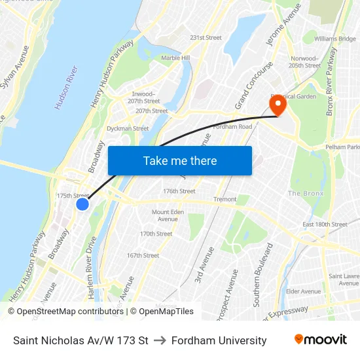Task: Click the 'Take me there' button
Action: (180, 160)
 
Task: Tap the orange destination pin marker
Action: (278, 104)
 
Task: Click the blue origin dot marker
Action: (82, 204)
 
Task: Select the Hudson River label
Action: (66, 87)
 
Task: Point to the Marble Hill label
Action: (175, 58)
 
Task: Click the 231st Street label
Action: (206, 37)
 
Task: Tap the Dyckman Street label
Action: (128, 128)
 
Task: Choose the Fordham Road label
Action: (232, 126)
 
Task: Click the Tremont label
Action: (225, 199)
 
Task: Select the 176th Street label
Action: (179, 191)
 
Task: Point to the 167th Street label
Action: (143, 255)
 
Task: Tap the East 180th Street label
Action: (325, 225)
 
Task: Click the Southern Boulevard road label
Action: (262, 275)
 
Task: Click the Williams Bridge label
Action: (334, 39)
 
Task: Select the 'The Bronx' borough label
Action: (305, 193)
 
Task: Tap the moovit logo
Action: (320, 339)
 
